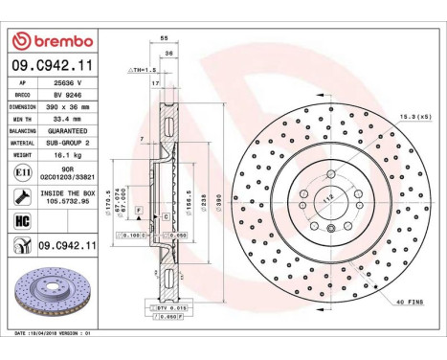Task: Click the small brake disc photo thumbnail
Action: click(x=51, y=300)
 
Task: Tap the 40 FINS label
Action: click(x=410, y=302)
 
